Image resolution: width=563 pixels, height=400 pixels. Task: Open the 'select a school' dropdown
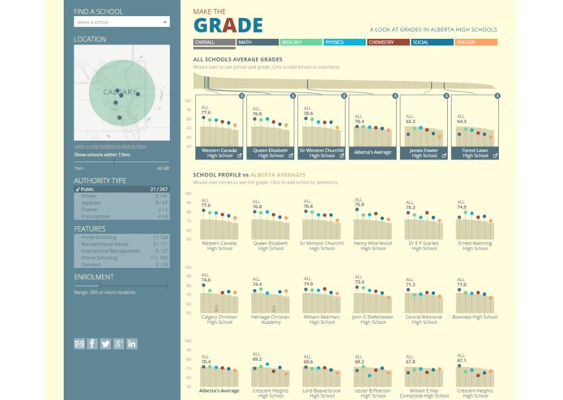pyautogui.click(x=122, y=22)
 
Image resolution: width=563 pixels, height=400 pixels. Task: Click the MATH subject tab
pyautogui.click(x=258, y=41)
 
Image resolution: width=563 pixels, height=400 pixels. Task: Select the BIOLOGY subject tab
pyautogui.click(x=301, y=41)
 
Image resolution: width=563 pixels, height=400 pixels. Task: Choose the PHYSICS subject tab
pyautogui.click(x=343, y=41)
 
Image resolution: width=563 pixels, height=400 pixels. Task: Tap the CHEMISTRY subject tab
pyautogui.click(x=387, y=41)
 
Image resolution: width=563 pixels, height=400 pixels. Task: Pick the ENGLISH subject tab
pyautogui.click(x=476, y=41)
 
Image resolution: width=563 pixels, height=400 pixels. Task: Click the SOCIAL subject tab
pyautogui.click(x=431, y=41)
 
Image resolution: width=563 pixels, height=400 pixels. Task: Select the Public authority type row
pyautogui.click(x=122, y=189)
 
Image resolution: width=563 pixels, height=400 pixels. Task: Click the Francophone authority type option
pyautogui.click(x=122, y=216)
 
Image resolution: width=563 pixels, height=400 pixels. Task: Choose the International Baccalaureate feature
pyautogui.click(x=122, y=250)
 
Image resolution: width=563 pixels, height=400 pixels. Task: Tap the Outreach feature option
pyautogui.click(x=122, y=264)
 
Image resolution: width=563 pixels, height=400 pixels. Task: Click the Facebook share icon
pyautogui.click(x=92, y=344)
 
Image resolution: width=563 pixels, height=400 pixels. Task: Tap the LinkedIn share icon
pyautogui.click(x=132, y=344)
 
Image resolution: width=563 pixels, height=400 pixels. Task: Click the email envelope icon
pyautogui.click(x=79, y=344)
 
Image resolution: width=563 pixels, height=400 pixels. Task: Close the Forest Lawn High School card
pyautogui.click(x=497, y=96)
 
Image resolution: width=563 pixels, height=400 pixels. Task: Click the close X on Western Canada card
pyautogui.click(x=241, y=96)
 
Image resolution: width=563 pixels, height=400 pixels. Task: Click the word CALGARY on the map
pyautogui.click(x=120, y=92)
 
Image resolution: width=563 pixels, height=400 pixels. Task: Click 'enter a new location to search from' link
pyautogui.click(x=110, y=147)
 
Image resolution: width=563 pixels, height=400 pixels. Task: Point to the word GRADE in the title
pyautogui.click(x=228, y=24)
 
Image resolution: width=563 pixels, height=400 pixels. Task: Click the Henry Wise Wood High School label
pyautogui.click(x=373, y=245)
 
